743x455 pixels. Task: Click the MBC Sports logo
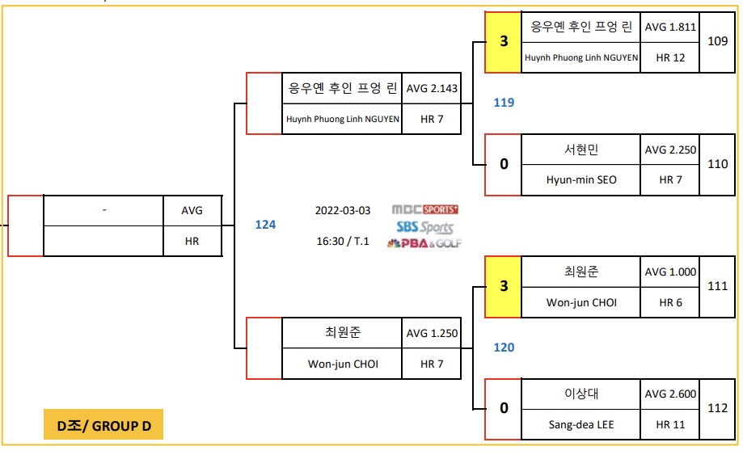(x=424, y=210)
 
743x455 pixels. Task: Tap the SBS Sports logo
(x=424, y=227)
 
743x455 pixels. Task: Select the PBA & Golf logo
(x=424, y=242)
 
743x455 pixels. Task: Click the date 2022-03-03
(x=343, y=211)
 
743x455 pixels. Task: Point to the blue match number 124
(x=265, y=225)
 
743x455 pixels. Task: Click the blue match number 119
(x=504, y=103)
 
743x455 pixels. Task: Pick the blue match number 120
(x=504, y=348)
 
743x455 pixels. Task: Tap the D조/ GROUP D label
(x=103, y=425)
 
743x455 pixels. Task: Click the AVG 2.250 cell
(x=670, y=150)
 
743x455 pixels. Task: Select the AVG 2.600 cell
(x=670, y=394)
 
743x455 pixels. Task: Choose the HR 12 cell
(x=670, y=57)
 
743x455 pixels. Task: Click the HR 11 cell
(x=670, y=424)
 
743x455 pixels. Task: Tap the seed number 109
(x=717, y=41)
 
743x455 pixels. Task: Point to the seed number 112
(x=717, y=409)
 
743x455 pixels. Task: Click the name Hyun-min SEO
(x=580, y=179)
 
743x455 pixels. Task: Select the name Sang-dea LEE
(x=580, y=424)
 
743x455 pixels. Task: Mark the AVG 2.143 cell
(x=432, y=88)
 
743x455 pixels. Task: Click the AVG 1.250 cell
(x=432, y=333)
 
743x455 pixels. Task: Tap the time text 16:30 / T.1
(x=343, y=241)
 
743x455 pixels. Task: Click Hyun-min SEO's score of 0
(x=504, y=164)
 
